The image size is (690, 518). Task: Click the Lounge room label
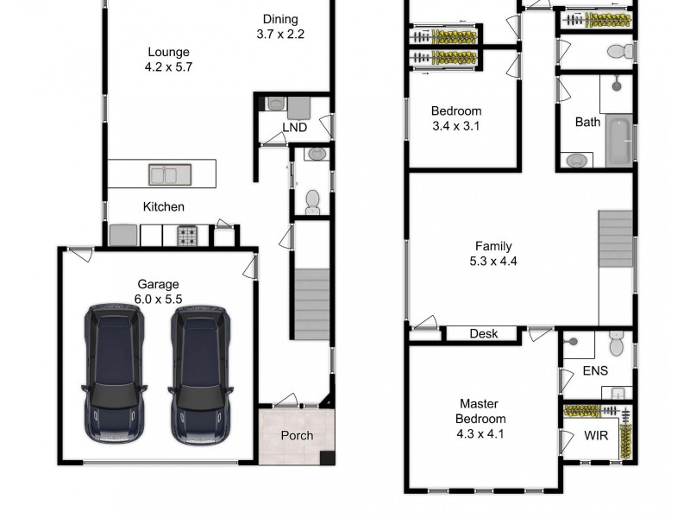[x=167, y=52]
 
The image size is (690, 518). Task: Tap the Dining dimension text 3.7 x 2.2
[x=280, y=35]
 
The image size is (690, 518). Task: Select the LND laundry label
[x=294, y=129]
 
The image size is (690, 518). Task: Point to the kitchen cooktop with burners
[x=188, y=235]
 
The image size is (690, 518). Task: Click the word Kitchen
[x=163, y=206]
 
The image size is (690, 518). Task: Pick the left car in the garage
[x=115, y=373]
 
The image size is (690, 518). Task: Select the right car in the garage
[x=200, y=373]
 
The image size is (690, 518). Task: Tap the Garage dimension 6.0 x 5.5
[x=158, y=299]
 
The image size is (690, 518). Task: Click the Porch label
[x=297, y=435]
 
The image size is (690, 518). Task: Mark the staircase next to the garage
[x=311, y=304]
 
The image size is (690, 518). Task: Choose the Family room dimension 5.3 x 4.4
[x=493, y=261]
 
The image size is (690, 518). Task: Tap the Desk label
[x=483, y=334]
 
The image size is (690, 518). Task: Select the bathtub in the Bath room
[x=618, y=142]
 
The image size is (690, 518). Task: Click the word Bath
[x=587, y=122]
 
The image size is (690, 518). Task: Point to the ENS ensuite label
[x=595, y=370]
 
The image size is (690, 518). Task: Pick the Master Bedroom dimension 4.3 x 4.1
[x=480, y=433]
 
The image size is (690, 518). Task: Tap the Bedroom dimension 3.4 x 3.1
[x=455, y=126]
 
